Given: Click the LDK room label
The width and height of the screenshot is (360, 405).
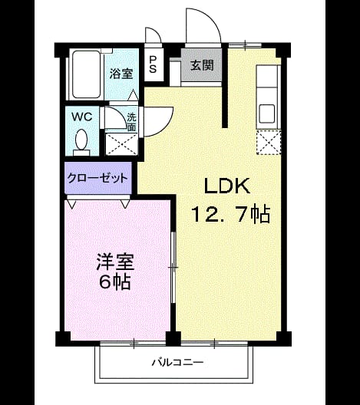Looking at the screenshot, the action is click(x=227, y=186).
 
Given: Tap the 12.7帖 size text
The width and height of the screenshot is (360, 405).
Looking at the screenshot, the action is click(x=230, y=214).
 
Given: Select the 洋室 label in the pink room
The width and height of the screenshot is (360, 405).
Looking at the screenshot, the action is click(x=115, y=262).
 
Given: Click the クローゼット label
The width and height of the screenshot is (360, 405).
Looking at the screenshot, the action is click(x=97, y=178).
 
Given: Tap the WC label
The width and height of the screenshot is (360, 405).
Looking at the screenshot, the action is click(x=82, y=117).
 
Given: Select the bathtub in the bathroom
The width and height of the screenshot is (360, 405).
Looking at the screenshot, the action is click(x=86, y=74).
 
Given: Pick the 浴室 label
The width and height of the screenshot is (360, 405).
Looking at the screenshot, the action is click(x=121, y=74).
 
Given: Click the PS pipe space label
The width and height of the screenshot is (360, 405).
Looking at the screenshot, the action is click(x=153, y=64).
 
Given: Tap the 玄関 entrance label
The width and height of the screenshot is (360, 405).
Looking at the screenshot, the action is click(x=203, y=65).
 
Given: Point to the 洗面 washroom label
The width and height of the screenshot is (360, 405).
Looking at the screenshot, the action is click(x=131, y=123).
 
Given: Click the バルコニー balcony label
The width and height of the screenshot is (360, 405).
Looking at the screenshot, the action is click(x=177, y=362).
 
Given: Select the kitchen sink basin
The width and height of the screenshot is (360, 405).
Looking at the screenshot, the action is click(x=267, y=114).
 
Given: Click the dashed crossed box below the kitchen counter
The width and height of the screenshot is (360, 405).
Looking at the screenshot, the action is click(x=269, y=143).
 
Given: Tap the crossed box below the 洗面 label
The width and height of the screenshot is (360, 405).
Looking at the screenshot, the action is click(x=122, y=144).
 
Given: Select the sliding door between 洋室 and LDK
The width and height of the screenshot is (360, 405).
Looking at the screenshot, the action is click(x=173, y=268).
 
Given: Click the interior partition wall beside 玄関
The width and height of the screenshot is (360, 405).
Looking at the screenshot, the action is click(x=226, y=85).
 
